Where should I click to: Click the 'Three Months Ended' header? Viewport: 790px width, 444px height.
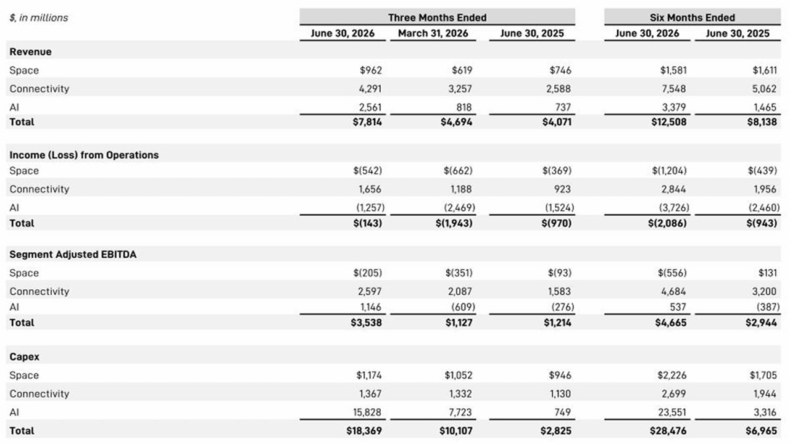[x=438, y=18]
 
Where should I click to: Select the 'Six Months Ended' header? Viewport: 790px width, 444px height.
[x=692, y=18]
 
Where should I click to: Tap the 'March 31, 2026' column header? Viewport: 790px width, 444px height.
[x=433, y=33]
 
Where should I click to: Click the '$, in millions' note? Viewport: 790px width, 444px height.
[x=39, y=18]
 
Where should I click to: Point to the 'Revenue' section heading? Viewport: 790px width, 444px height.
[x=30, y=52]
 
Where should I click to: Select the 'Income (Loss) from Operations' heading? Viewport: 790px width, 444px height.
[x=84, y=155]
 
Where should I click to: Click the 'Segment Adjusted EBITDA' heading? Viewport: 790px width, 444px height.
[x=73, y=255]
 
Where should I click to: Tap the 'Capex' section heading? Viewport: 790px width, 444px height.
[x=24, y=357]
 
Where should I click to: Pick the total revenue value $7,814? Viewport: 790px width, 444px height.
[x=367, y=122]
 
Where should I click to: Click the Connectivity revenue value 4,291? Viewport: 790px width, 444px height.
[x=370, y=89]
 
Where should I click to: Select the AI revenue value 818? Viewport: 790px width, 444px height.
[x=464, y=107]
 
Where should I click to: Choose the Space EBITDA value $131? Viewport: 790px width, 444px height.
[x=767, y=273]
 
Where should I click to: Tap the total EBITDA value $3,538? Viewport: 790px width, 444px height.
[x=366, y=323]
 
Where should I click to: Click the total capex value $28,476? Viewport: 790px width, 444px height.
[x=668, y=431]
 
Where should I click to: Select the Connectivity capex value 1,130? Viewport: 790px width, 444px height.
[x=560, y=394]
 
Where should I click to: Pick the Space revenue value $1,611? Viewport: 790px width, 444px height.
[x=765, y=70]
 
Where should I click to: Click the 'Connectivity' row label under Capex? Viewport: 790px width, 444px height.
[x=39, y=394]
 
